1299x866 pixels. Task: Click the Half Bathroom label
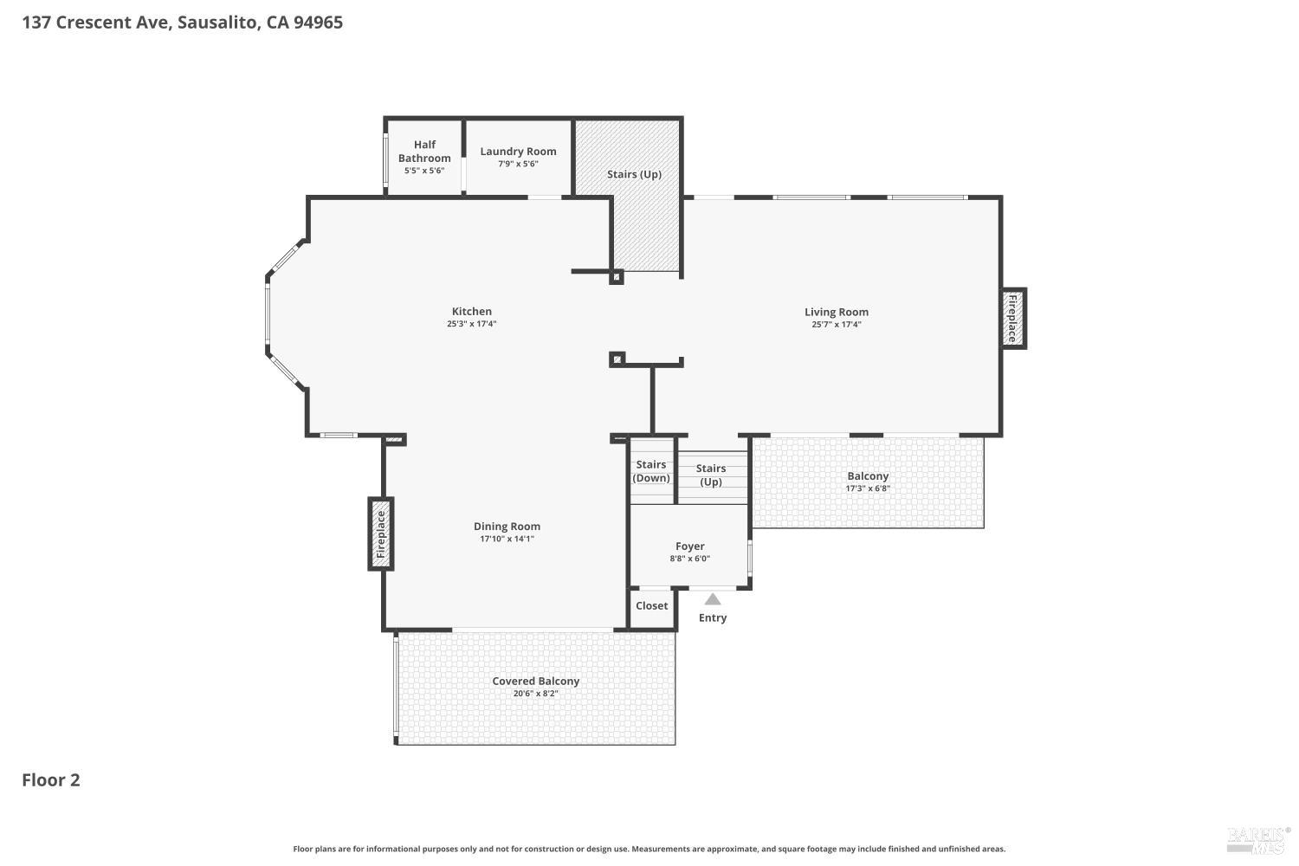[424, 152]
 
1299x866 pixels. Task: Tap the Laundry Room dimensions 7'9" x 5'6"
[518, 165]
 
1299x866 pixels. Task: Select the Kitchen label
[471, 312]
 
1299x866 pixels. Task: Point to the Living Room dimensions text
[837, 324]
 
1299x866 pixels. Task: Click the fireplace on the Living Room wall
[1014, 319]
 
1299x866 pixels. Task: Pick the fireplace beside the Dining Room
[380, 533]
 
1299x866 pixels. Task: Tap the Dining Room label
[507, 527]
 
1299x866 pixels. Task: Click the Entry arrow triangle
[713, 599]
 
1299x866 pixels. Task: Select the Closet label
[652, 605]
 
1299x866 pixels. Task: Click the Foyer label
[690, 546]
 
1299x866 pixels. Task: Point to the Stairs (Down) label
[651, 471]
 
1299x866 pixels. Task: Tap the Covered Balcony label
[536, 681]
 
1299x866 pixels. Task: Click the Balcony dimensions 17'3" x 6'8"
[868, 488]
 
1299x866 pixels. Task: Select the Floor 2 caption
[51, 780]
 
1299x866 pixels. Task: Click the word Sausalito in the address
[218, 23]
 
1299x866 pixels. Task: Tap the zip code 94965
[319, 23]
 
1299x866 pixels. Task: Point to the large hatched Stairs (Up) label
[635, 174]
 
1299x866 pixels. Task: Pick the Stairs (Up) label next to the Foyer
[711, 475]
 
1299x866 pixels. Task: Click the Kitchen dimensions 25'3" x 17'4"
[471, 324]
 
